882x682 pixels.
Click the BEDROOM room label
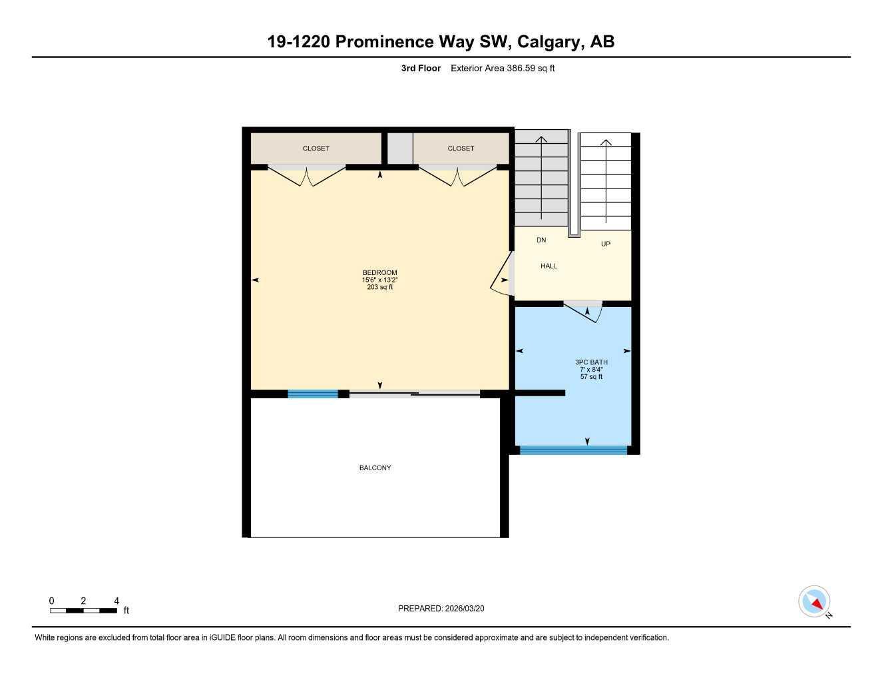pyautogui.click(x=379, y=272)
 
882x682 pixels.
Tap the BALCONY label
pyautogui.click(x=375, y=468)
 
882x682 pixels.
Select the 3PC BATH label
pyautogui.click(x=591, y=362)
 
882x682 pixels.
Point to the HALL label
pyautogui.click(x=549, y=266)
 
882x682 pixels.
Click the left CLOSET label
pyautogui.click(x=316, y=149)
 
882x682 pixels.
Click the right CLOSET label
pyautogui.click(x=461, y=149)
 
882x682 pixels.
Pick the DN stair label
pyautogui.click(x=541, y=240)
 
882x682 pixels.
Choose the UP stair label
pyautogui.click(x=605, y=244)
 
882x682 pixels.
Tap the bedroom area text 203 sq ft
pyautogui.click(x=379, y=287)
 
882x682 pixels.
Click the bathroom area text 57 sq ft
pyautogui.click(x=591, y=377)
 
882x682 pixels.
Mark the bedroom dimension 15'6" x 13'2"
pyautogui.click(x=379, y=280)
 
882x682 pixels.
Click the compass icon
pyautogui.click(x=814, y=601)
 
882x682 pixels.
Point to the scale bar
pyautogui.click(x=83, y=610)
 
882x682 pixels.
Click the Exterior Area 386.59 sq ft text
pyautogui.click(x=503, y=68)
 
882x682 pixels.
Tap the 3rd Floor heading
pyautogui.click(x=421, y=68)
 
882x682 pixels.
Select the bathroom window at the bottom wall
pyautogui.click(x=573, y=450)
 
